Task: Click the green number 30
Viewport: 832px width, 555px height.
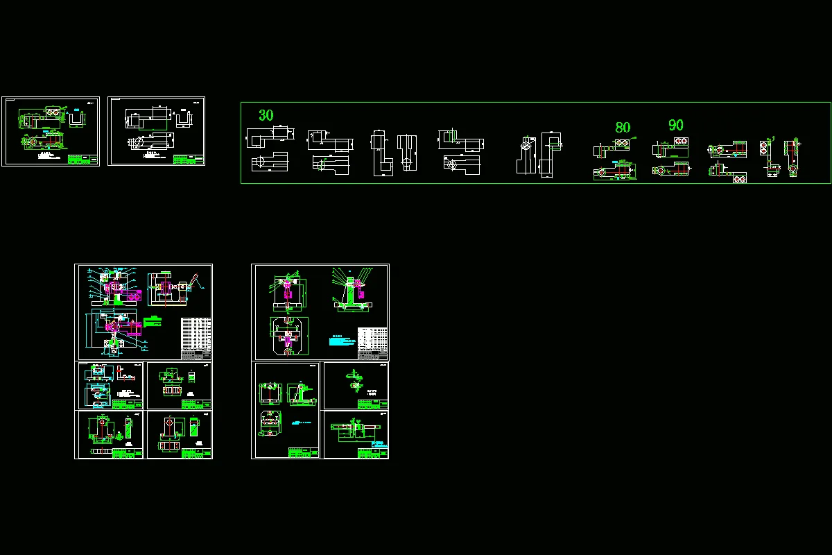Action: pyautogui.click(x=266, y=115)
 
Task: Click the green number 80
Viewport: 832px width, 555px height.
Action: pyautogui.click(x=623, y=128)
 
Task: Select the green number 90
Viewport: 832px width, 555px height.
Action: pyautogui.click(x=675, y=125)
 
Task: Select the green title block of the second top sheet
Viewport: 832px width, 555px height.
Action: pyautogui.click(x=189, y=159)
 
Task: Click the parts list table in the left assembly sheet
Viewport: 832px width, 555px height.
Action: pyautogui.click(x=196, y=338)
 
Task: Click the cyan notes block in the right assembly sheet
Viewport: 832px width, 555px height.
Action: pyautogui.click(x=340, y=341)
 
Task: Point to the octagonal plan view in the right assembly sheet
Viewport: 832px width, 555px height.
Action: pyautogui.click(x=286, y=336)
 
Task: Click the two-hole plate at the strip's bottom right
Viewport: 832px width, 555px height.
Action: pyautogui.click(x=739, y=178)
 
